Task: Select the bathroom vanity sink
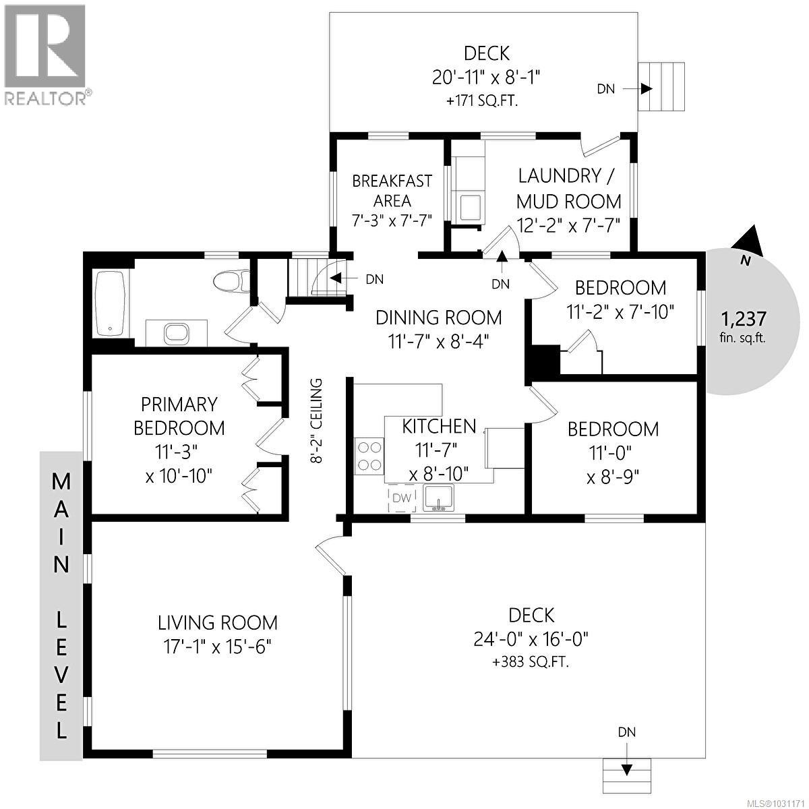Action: (x=177, y=332)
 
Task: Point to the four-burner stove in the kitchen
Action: (x=369, y=455)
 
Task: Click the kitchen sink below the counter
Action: (x=440, y=498)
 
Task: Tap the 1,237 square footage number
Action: (x=744, y=318)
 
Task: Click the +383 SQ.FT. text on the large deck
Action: (x=531, y=662)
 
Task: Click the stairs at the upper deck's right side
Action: (x=661, y=87)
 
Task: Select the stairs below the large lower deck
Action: (x=628, y=775)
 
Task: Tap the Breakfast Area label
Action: (x=392, y=191)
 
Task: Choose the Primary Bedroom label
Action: (x=179, y=416)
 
